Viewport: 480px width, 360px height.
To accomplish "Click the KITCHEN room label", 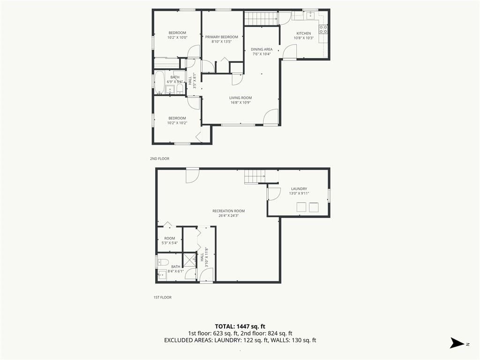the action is click(303, 33).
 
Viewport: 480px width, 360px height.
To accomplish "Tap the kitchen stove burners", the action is click(323, 29).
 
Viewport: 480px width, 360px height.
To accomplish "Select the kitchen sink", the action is click(311, 15).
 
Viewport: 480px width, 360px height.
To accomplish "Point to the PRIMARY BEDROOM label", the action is click(221, 37).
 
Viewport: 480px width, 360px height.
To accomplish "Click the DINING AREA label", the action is click(262, 49).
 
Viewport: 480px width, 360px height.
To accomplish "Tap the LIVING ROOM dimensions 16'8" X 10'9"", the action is click(240, 103).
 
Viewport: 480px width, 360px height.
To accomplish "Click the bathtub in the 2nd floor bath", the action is click(159, 82).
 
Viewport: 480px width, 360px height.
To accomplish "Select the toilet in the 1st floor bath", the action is click(163, 262).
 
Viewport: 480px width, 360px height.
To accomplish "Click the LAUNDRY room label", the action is click(299, 189).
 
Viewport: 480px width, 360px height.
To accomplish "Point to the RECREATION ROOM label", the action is click(229, 211).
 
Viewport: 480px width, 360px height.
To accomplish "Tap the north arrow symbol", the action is click(457, 343).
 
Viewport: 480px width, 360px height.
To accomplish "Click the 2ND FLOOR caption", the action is click(159, 158).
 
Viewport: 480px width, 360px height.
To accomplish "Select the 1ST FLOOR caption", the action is click(163, 297).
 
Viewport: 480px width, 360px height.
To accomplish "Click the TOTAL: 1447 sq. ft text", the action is click(240, 326).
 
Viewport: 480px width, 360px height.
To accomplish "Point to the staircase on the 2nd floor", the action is click(261, 19).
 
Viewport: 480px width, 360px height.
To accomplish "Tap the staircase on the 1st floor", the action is click(255, 177).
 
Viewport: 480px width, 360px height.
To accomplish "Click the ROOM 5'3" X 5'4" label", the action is click(170, 240).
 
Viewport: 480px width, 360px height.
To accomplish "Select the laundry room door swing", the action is click(274, 194).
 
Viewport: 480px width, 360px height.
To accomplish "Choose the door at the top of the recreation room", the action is click(193, 176).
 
